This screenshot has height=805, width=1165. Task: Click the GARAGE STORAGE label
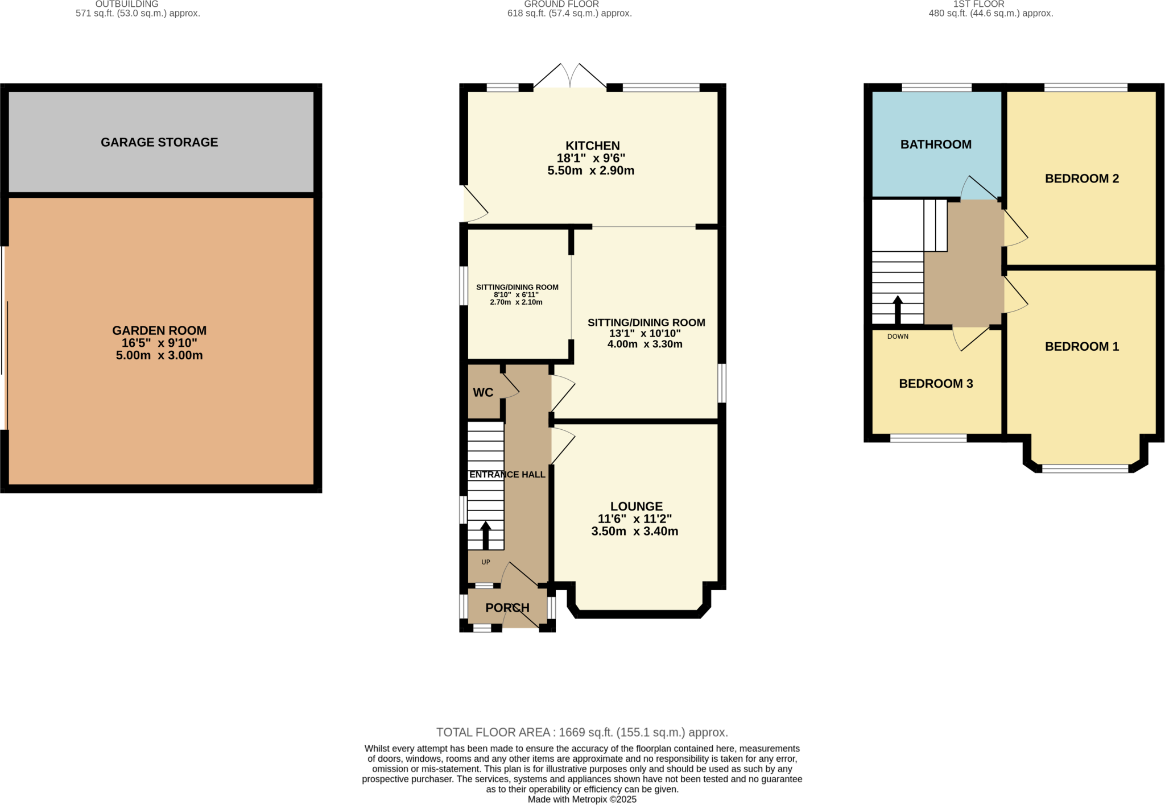pos(159,142)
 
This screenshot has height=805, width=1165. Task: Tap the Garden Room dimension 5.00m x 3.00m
pos(159,355)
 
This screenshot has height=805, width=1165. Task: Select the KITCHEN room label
pos(592,146)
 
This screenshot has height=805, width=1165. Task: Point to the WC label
pos(483,392)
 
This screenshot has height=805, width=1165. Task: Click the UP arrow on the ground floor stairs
pos(485,534)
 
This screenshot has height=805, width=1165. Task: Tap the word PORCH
pos(507,608)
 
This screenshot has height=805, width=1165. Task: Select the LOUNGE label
pos(636,506)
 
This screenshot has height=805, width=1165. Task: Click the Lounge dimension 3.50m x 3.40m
pos(635,531)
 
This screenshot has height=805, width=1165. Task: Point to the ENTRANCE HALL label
pos(507,474)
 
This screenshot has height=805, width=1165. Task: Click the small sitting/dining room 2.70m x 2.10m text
pos(516,302)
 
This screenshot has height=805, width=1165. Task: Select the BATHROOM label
pos(936,144)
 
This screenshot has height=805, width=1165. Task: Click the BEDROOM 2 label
pos(1081,179)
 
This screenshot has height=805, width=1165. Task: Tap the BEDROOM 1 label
pos(1081,346)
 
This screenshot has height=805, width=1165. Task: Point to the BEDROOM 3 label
pos(936,383)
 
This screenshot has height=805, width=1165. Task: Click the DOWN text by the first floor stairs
pos(898,337)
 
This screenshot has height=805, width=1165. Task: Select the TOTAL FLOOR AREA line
pos(582,732)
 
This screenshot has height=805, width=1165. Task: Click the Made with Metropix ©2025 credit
pos(582,799)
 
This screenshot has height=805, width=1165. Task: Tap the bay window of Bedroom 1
pos(1085,468)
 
